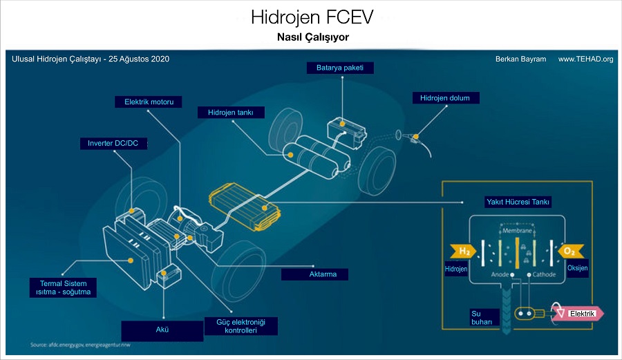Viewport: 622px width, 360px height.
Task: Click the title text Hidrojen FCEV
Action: [310, 17]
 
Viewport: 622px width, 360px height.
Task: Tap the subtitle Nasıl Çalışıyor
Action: [310, 36]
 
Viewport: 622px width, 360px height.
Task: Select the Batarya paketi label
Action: [340, 68]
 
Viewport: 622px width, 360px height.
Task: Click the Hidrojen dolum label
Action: [444, 98]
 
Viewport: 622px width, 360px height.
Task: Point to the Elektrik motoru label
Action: [149, 102]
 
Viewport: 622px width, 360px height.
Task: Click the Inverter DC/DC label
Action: [113, 143]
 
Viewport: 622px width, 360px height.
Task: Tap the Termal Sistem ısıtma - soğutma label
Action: [63, 287]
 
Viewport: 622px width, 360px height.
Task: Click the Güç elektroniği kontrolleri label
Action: [241, 326]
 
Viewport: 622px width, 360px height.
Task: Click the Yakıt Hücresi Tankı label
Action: [518, 202]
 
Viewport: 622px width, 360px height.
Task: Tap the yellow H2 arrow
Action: [461, 249]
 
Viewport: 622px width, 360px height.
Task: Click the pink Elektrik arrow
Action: [581, 314]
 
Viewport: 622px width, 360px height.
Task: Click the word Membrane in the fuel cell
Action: [517, 230]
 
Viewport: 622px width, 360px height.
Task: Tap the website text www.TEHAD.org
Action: [585, 59]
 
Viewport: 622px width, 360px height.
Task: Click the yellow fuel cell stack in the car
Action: [243, 207]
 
